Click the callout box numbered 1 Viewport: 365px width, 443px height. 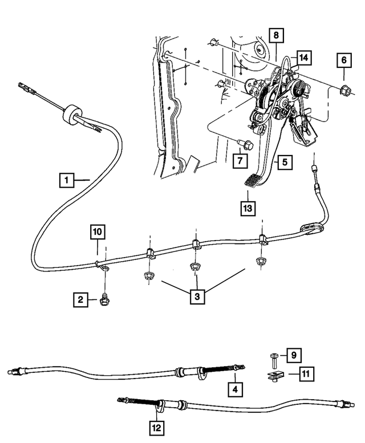67,181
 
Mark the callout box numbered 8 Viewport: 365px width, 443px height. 275,35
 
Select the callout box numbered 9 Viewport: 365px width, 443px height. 294,356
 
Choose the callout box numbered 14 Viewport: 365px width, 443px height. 304,57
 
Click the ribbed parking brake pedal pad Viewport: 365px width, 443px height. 252,182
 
